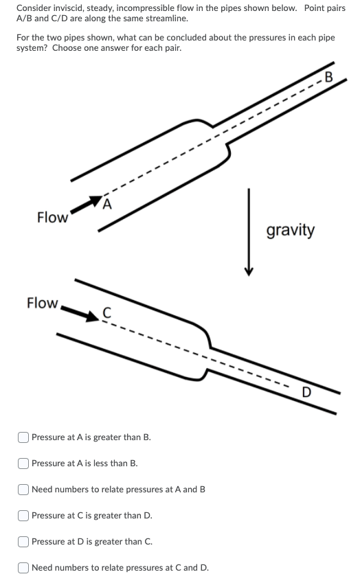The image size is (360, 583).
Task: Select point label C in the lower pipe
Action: (106, 313)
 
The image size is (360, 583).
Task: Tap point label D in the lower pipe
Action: (308, 393)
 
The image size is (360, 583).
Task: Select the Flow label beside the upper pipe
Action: (52, 218)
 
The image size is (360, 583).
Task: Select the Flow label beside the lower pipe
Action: (42, 303)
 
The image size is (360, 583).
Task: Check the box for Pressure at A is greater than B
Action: (23, 437)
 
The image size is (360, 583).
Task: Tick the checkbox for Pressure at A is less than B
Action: (23, 464)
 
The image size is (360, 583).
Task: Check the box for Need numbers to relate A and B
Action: (23, 490)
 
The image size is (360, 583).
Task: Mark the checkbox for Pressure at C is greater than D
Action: (23, 516)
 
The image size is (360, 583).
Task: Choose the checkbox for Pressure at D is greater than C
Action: (23, 542)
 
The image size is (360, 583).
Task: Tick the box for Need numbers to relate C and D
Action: (23, 568)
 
